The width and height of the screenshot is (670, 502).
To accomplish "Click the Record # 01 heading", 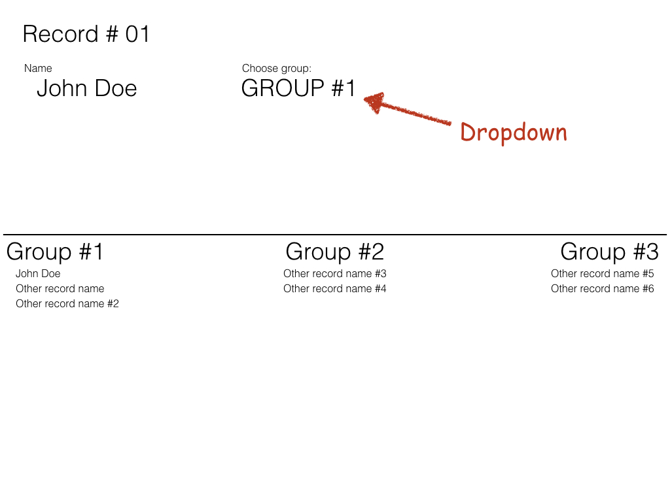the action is [86, 34].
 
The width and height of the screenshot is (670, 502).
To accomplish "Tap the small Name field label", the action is [38, 68].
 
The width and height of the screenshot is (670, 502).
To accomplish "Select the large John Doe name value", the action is [87, 88].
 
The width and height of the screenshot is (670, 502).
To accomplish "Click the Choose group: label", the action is [277, 68].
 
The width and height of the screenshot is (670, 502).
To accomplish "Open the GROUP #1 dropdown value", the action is [298, 88].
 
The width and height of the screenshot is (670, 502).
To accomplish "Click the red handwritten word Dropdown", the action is [514, 132].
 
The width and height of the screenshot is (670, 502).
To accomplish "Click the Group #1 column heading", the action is [55, 252].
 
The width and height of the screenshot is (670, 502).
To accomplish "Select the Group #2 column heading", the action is [334, 252].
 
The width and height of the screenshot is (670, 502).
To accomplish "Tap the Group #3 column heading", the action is [609, 252].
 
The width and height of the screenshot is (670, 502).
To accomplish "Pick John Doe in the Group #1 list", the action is [38, 274].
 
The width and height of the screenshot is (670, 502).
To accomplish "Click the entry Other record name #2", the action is [67, 303].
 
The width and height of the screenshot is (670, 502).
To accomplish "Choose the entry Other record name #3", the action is [334, 274].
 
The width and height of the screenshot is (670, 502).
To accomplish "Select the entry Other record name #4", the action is [334, 288].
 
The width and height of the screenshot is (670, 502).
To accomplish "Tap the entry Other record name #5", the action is [602, 274].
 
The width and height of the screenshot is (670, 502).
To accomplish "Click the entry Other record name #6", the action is [602, 288].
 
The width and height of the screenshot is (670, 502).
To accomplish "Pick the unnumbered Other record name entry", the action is [60, 288].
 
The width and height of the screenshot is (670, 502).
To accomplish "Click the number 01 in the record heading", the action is [137, 34].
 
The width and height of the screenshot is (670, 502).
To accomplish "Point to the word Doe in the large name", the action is [115, 88].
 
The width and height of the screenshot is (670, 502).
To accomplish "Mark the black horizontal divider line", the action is [335, 235].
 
